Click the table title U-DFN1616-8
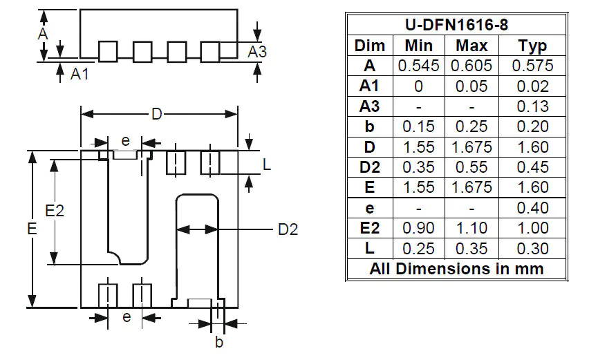(x=456, y=26)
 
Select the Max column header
(x=471, y=46)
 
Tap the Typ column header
(x=532, y=46)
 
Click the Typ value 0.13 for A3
(x=532, y=106)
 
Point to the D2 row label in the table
(x=369, y=167)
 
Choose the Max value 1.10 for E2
(x=471, y=228)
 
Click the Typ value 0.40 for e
(x=532, y=208)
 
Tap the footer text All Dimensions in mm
(x=456, y=269)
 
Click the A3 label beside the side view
(x=257, y=52)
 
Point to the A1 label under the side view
(x=80, y=74)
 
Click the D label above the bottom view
(x=157, y=114)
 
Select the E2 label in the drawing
(x=54, y=211)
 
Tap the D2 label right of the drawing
(x=288, y=229)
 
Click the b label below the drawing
(x=218, y=341)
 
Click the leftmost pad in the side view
(x=108, y=51)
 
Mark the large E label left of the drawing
(x=32, y=229)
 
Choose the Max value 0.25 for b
(x=471, y=127)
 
